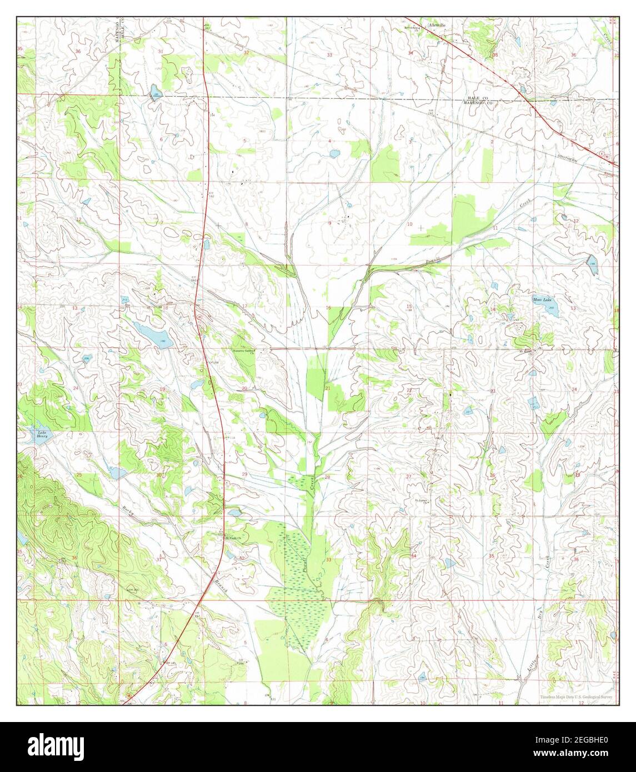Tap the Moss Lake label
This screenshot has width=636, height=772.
tap(541, 300)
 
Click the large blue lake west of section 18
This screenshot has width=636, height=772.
tap(153, 336)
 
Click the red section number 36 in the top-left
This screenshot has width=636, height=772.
tap(77, 51)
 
